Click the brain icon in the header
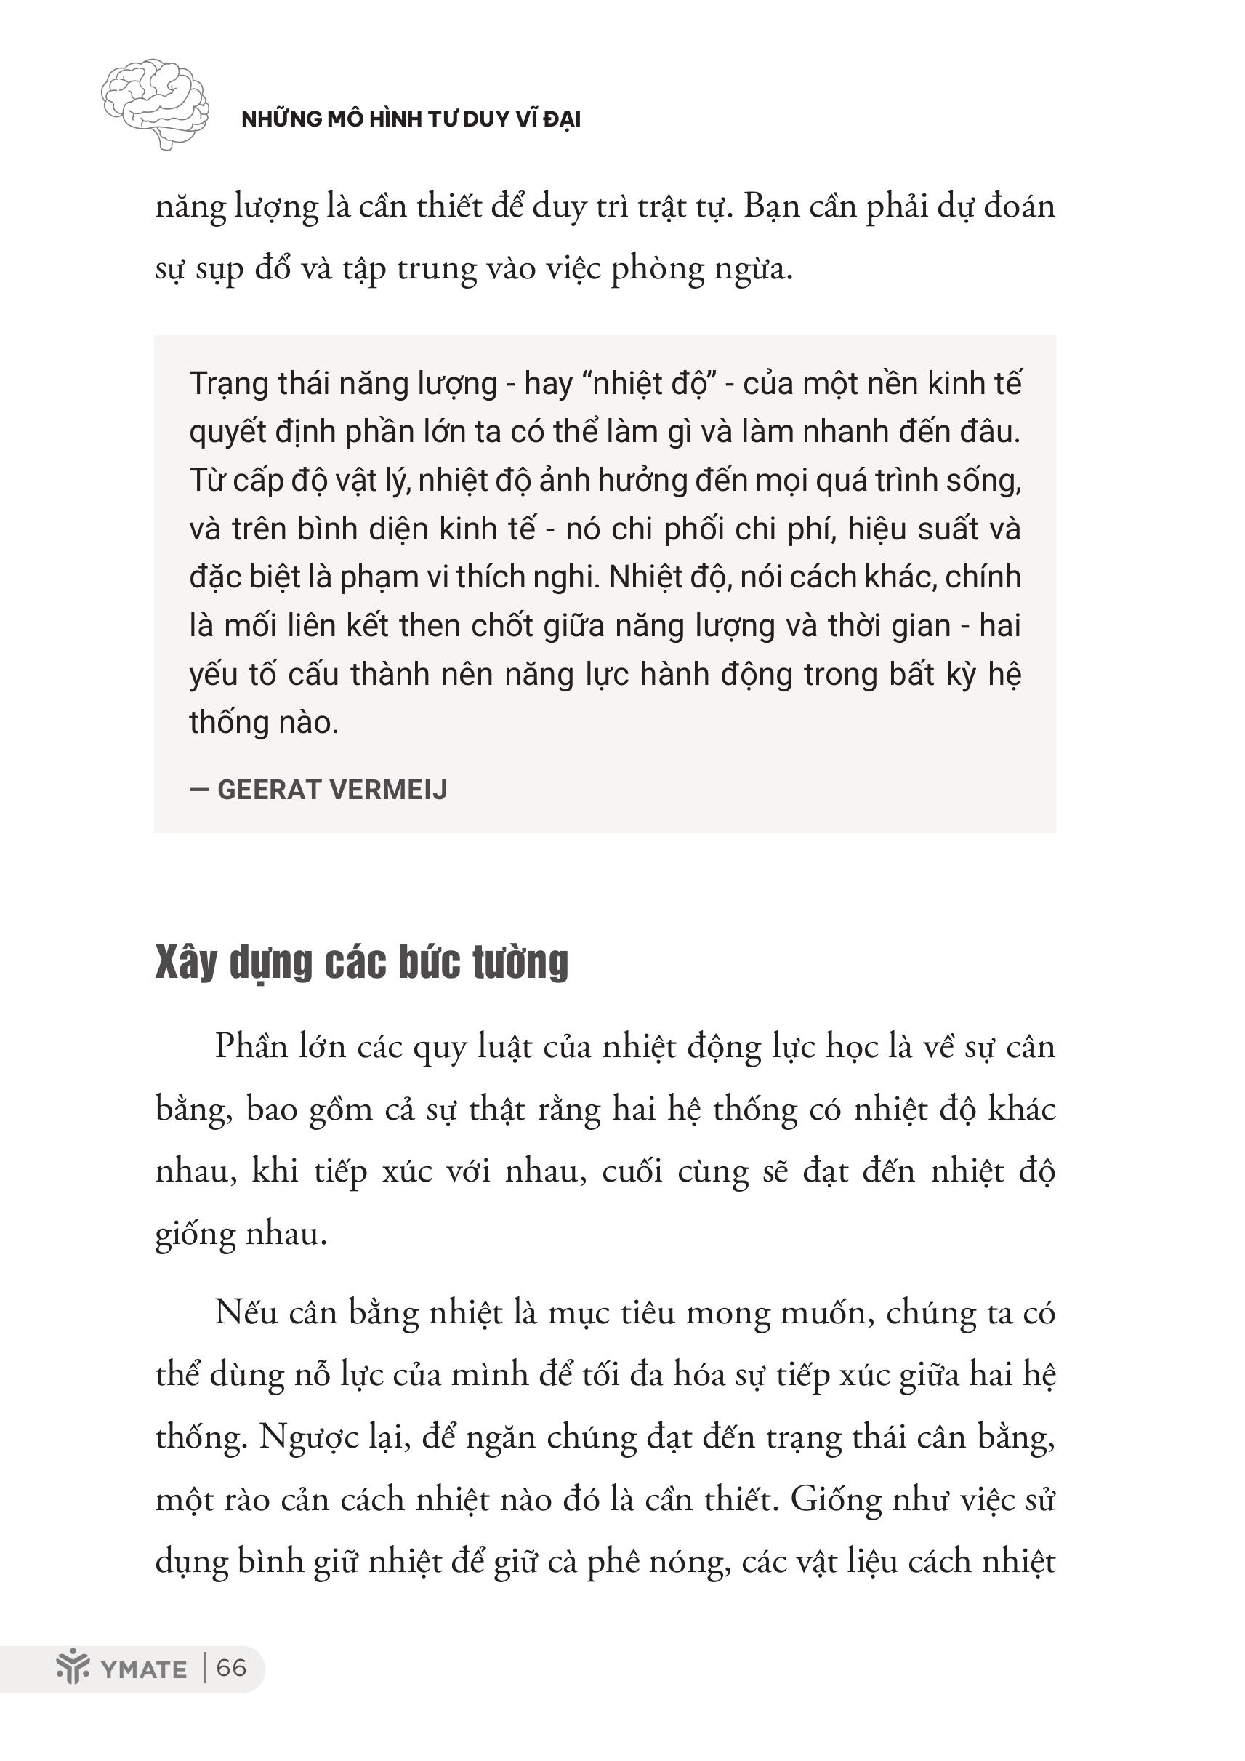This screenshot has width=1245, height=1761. [155, 102]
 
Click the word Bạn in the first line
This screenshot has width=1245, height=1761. [772, 207]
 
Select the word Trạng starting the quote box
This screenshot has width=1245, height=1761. [227, 383]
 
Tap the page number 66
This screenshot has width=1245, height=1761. [232, 1668]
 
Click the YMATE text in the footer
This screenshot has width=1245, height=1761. [143, 1669]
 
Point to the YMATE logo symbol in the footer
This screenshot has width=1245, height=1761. [73, 1667]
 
